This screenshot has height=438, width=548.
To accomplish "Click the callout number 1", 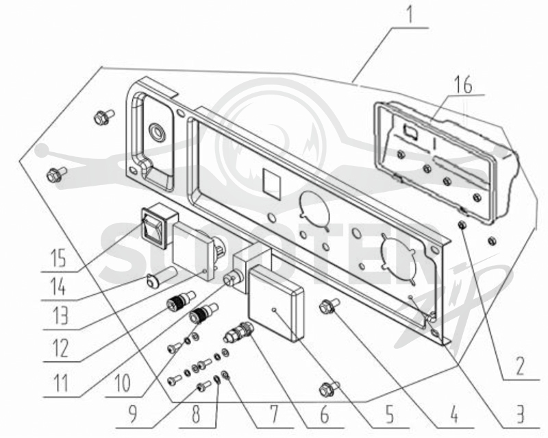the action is tap(410, 14).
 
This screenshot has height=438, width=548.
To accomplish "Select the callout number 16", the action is tap(464, 86).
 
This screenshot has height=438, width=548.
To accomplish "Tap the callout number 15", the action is tap(58, 258).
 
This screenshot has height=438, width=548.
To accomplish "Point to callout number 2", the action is tap(520, 367).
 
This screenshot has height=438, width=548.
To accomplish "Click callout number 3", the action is tap(521, 415).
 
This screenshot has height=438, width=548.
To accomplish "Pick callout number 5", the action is tap(390, 415).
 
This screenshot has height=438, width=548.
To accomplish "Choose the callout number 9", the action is tap(132, 415).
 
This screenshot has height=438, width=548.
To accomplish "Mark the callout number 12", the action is tap(60, 348).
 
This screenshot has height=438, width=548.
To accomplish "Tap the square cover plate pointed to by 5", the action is tap(275, 303).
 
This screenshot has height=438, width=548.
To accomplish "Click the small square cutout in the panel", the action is tap(272, 182).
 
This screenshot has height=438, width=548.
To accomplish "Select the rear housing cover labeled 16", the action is tap(446, 162).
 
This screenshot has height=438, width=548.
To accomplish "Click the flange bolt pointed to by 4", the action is tap(329, 306).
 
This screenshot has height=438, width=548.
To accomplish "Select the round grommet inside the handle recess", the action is tap(158, 132).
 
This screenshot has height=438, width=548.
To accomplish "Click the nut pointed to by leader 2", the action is tap(462, 225).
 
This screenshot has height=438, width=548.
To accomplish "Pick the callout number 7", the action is tap(275, 415).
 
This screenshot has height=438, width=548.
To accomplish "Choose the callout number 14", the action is tap(58, 288).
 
